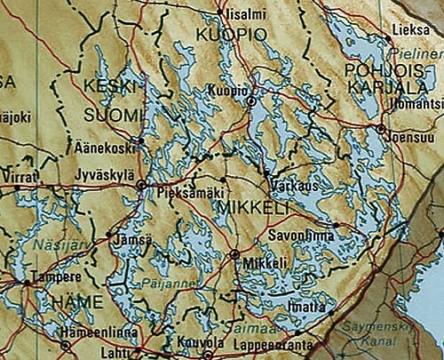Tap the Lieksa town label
408,29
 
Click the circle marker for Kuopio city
251,102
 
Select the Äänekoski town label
99,148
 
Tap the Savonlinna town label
301,236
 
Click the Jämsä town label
132,239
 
